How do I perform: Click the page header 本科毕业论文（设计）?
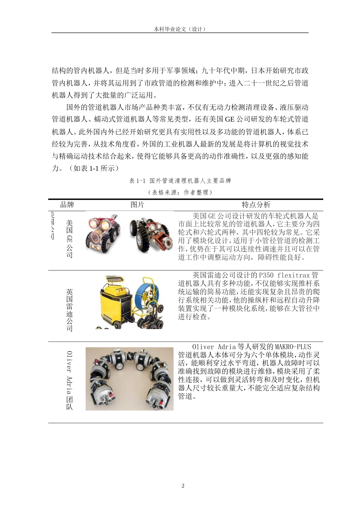pos(180,29)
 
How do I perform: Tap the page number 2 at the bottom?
pos(183,486)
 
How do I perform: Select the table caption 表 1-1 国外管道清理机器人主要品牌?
pos(180,181)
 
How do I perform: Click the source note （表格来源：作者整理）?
pos(180,192)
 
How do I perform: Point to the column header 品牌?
pos(67,205)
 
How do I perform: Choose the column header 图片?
pos(137,205)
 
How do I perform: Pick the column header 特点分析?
pos(256,205)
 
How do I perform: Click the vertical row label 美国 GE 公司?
pos(69,239)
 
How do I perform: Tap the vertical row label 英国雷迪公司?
pos(69,310)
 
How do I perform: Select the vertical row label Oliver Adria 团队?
pos(69,380)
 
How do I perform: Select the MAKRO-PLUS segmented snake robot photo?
pos(129,379)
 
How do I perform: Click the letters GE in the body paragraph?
pos(230,119)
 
